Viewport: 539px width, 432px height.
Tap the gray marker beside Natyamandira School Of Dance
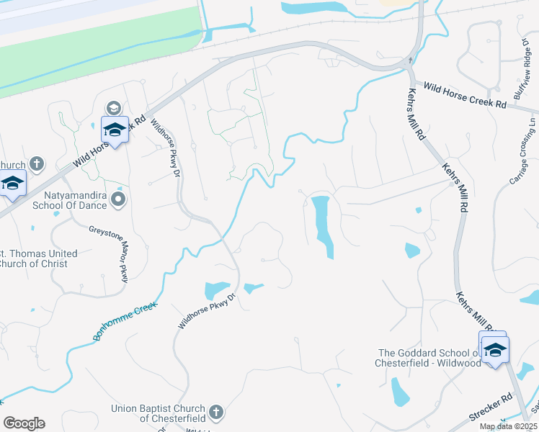click(120, 198)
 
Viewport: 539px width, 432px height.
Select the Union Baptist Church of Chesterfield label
click(158, 413)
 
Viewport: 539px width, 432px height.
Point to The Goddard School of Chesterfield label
click(429, 358)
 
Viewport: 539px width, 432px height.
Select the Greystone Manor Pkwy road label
click(108, 253)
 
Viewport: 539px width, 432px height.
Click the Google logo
click(24, 423)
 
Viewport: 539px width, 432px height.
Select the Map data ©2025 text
click(508, 426)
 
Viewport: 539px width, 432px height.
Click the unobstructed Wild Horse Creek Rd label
click(465, 96)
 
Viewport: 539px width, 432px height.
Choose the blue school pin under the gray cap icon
click(114, 129)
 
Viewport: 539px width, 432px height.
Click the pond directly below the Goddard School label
click(400, 392)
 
